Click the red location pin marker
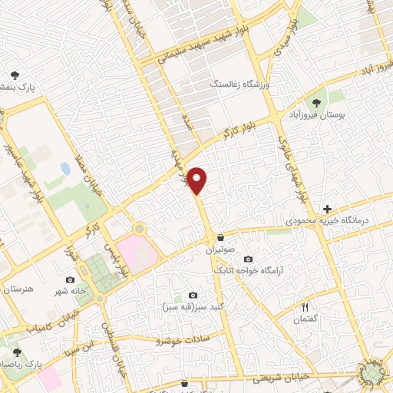198,180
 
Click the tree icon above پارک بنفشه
15,75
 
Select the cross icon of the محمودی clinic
327,209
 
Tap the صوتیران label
226,250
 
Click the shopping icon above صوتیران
221,237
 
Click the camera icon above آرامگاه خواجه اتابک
248,259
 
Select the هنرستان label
20,289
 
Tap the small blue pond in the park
64,167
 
